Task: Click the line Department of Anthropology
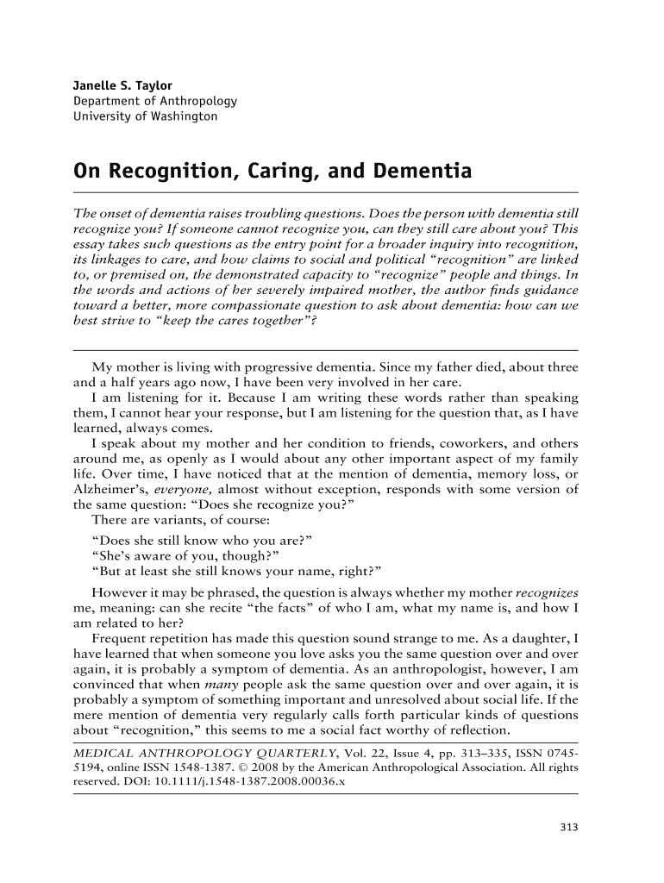[x=155, y=101]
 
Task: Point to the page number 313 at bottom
[x=568, y=828]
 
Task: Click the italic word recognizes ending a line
[x=547, y=592]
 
